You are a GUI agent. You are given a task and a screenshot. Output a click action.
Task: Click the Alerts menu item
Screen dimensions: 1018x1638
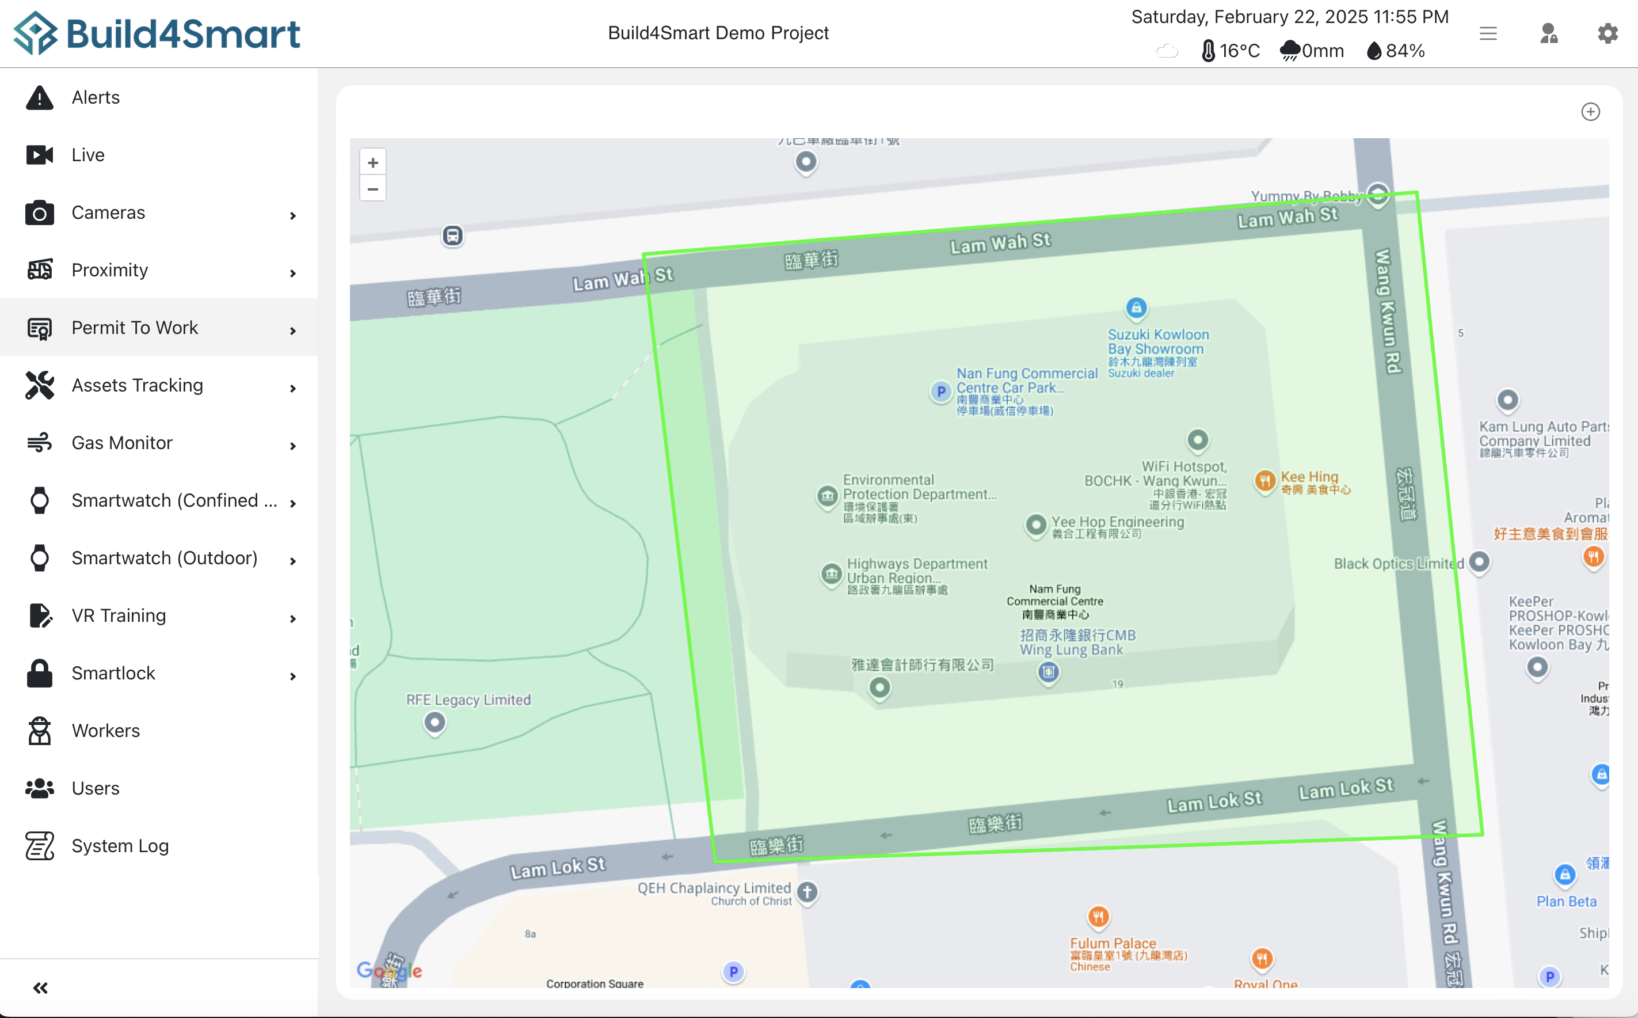pyautogui.click(x=96, y=98)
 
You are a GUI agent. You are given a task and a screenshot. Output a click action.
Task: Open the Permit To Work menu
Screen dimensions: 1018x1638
pyautogui.click(x=135, y=328)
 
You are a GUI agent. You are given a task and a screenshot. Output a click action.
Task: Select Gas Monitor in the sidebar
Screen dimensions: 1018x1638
pyautogui.click(x=122, y=443)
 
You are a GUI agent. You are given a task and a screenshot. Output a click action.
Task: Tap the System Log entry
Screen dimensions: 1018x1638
pyautogui.click(x=120, y=846)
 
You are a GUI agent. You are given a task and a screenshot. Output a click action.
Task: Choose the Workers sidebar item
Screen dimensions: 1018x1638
pyautogui.click(x=106, y=731)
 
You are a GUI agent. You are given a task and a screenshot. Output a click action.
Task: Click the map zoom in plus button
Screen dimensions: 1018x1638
pyautogui.click(x=373, y=163)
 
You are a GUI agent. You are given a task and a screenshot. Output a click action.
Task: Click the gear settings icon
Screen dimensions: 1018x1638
pyautogui.click(x=1607, y=33)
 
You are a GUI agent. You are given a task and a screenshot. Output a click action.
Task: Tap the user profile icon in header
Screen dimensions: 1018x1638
pyautogui.click(x=1548, y=33)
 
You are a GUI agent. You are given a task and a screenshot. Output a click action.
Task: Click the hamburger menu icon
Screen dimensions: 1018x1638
pyautogui.click(x=1488, y=33)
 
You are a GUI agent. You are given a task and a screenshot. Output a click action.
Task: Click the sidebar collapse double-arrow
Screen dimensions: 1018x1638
pyautogui.click(x=40, y=987)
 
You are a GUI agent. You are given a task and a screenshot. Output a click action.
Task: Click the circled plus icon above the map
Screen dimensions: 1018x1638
pyautogui.click(x=1590, y=112)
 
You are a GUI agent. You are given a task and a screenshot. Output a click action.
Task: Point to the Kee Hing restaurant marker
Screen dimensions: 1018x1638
pyautogui.click(x=1265, y=481)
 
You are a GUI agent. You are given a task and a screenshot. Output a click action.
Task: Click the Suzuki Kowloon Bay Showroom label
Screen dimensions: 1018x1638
pyautogui.click(x=1157, y=342)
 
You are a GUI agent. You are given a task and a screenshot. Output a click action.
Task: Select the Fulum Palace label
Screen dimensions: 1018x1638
pyautogui.click(x=1113, y=943)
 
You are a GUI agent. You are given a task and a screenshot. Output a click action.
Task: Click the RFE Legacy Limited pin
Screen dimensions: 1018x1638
pyautogui.click(x=435, y=723)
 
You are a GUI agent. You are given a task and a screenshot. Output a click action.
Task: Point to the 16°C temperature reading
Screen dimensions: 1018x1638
pyautogui.click(x=1238, y=51)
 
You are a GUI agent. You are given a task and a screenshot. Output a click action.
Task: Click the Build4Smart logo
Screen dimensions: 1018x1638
pyautogui.click(x=157, y=33)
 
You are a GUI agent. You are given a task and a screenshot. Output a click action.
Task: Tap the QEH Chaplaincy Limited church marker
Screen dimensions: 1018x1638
pyautogui.click(x=807, y=892)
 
